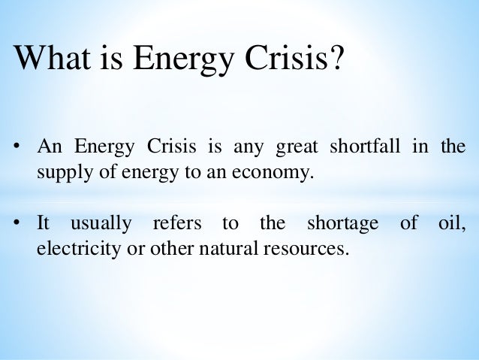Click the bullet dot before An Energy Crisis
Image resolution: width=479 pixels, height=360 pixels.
[17, 146]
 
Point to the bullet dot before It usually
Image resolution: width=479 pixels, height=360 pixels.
[17, 224]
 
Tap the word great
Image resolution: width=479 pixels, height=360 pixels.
[298, 147]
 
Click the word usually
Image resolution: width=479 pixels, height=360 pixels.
[101, 225]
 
